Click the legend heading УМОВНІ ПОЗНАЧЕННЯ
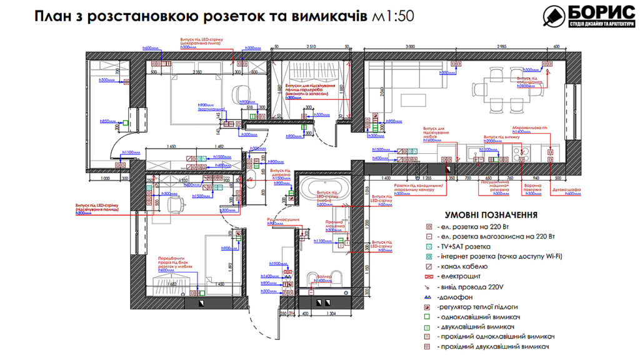pos(491,214)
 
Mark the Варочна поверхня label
pos(532,189)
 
